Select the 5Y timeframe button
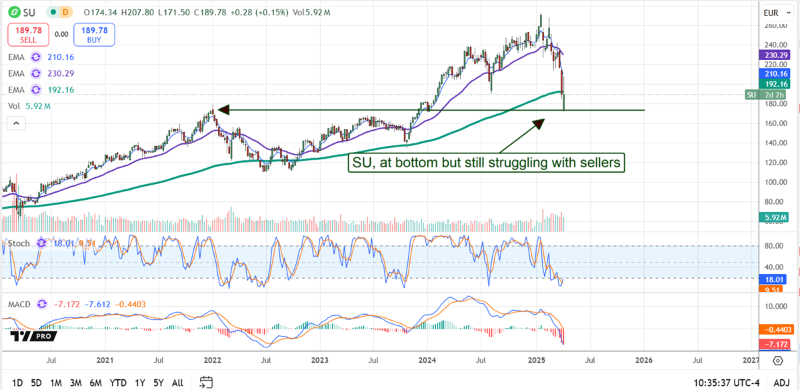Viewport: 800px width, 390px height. click(157, 383)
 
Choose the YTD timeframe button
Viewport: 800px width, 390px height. click(118, 383)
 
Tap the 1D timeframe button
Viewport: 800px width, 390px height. click(18, 383)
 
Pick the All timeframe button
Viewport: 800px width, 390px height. click(177, 383)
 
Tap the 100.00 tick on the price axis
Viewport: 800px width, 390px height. click(773, 182)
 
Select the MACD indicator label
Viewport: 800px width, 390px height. click(19, 304)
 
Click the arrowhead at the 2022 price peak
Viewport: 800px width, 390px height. click(224, 109)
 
